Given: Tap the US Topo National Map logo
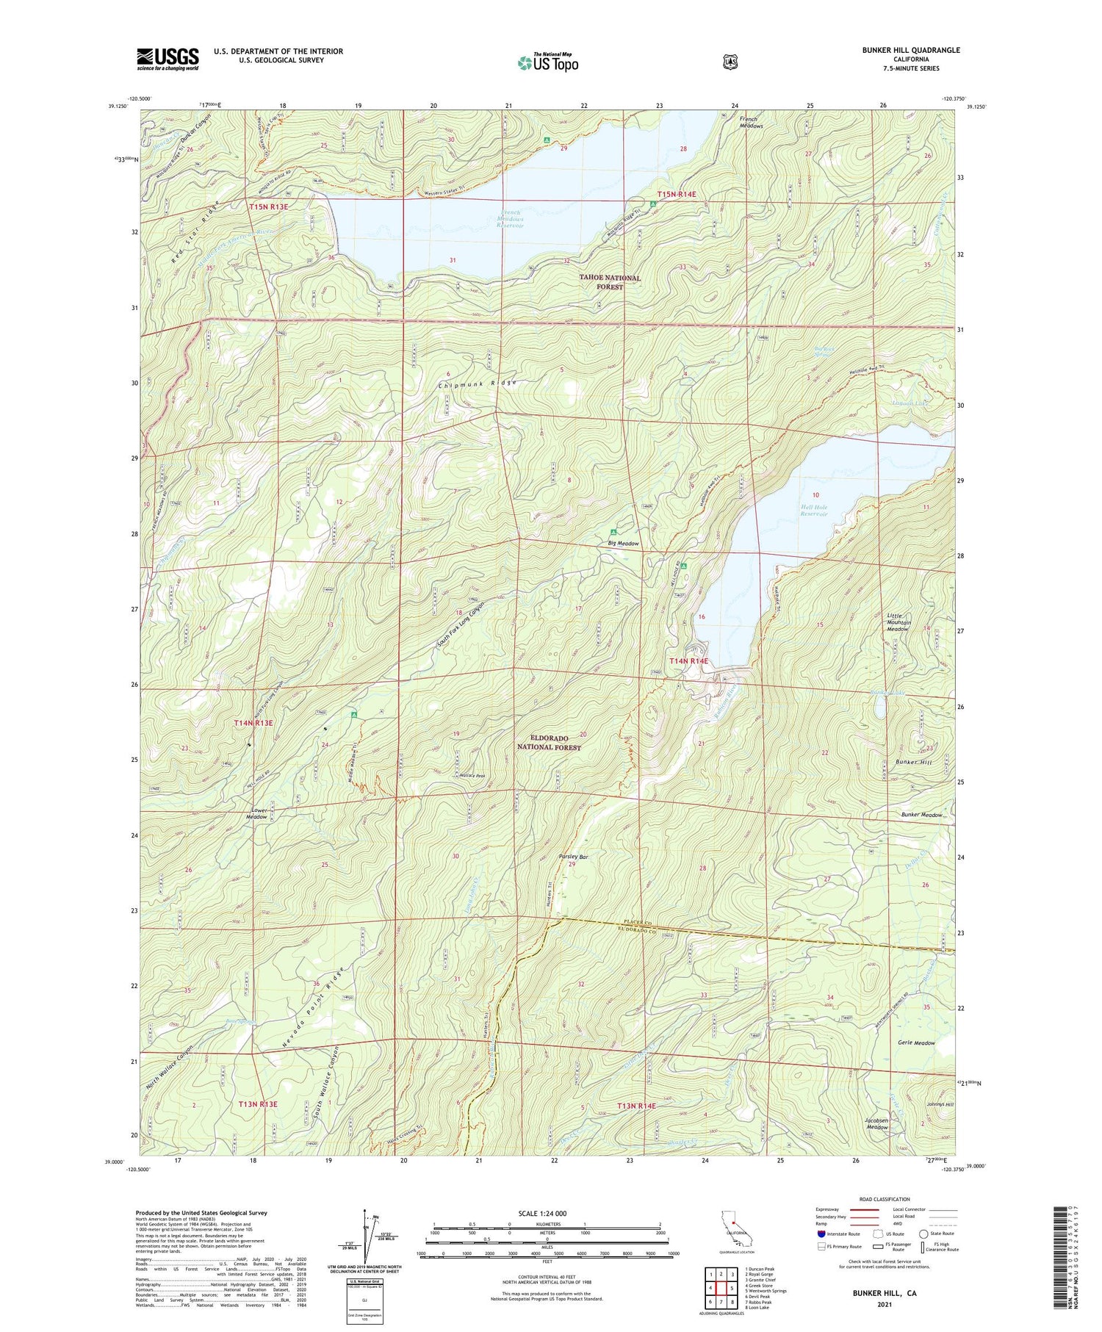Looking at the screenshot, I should pos(547,62).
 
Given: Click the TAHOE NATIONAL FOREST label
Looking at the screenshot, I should pos(610,282).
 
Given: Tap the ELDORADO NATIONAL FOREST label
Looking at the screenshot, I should pos(549,742).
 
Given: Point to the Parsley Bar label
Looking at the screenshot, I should pos(574,857).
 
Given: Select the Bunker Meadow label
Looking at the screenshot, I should pos(922,815).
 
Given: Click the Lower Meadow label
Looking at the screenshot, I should pos(256,813).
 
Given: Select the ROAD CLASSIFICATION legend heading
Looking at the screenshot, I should pos(882,1199).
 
